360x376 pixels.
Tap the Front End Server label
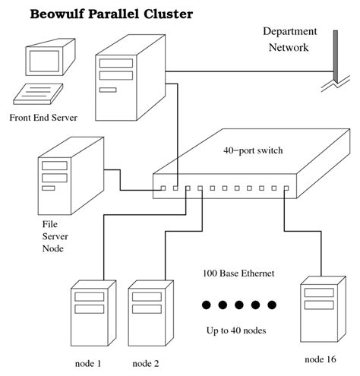[43, 118]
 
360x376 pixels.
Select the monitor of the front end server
[50, 57]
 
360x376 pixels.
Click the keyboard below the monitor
[38, 94]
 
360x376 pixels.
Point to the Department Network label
[289, 39]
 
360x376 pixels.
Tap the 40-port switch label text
[253, 150]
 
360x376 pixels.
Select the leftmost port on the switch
[163, 188]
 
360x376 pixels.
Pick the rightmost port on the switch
[286, 188]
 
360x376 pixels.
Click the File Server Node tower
[71, 176]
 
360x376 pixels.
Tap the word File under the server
[49, 224]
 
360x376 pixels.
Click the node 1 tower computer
[93, 313]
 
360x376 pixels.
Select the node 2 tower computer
[151, 313]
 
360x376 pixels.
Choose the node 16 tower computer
[323, 309]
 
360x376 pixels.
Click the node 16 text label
[321, 359]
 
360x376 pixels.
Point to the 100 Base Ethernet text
[238, 273]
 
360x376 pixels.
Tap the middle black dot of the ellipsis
[239, 305]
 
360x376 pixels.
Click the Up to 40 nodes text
[236, 330]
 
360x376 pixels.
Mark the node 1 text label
[88, 364]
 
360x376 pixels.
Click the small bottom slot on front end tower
[108, 90]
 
